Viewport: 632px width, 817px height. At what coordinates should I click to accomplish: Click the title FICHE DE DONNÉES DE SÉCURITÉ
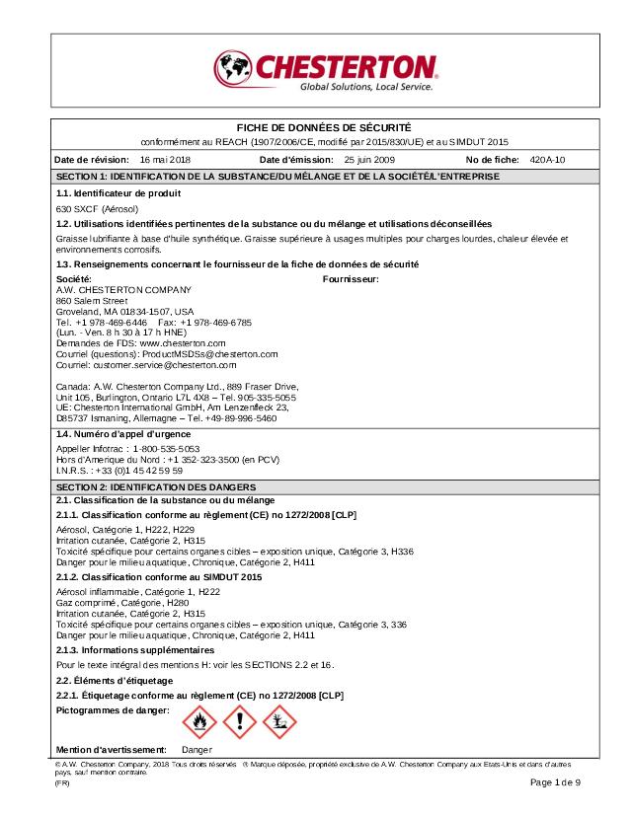[x=316, y=128]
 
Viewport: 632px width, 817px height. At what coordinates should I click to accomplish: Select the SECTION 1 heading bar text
[x=277, y=176]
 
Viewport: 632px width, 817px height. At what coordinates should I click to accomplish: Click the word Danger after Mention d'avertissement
[x=197, y=751]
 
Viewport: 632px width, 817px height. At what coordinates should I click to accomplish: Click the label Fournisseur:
[x=351, y=279]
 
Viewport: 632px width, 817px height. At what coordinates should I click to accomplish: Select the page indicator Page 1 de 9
[x=556, y=782]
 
